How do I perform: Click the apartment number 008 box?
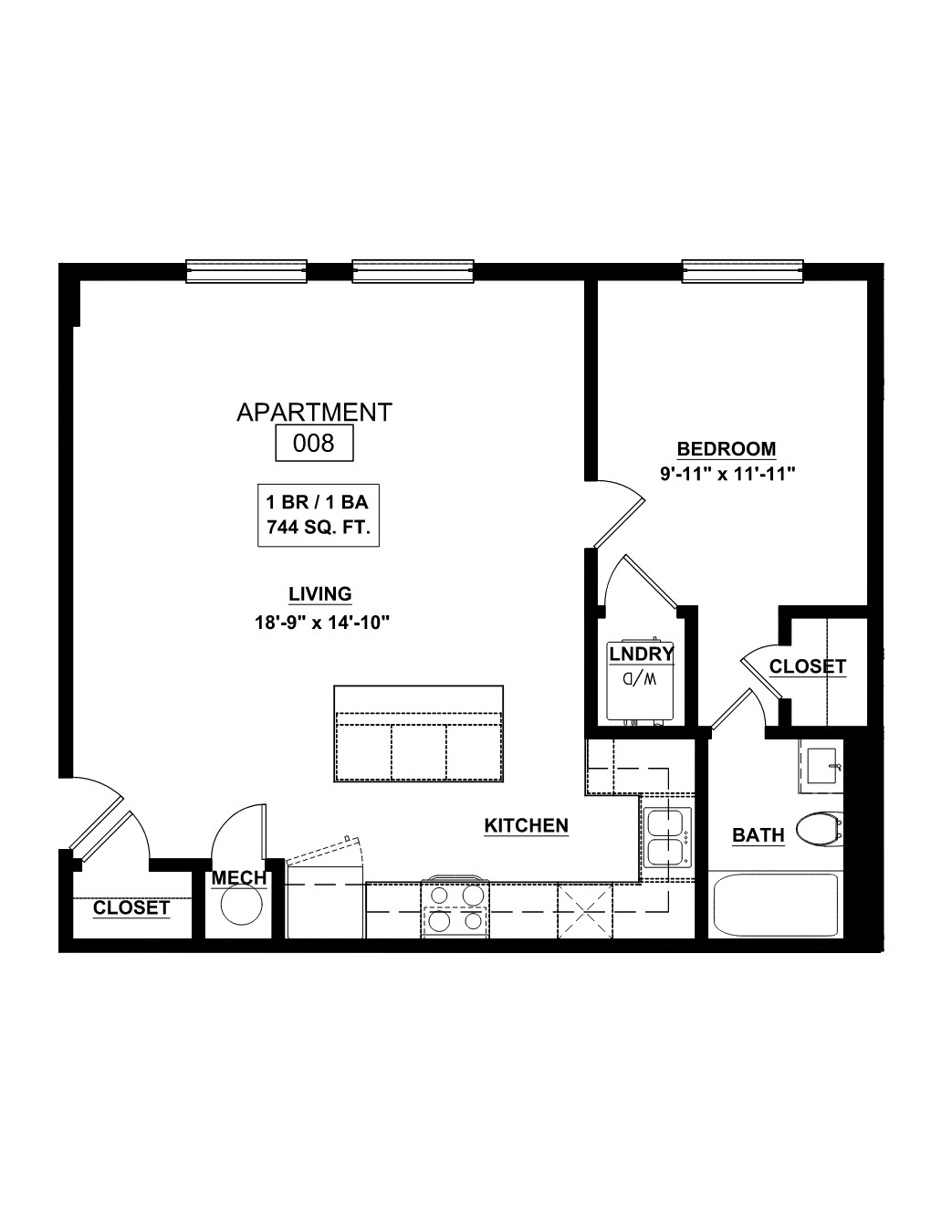(314, 443)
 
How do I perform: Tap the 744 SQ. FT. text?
(319, 527)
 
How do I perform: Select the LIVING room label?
(320, 594)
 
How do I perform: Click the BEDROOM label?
(727, 448)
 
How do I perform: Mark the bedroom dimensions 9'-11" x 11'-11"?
(727, 475)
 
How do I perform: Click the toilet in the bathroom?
(819, 830)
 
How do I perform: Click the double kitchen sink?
(667, 838)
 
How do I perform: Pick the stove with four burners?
(455, 907)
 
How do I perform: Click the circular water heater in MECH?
(241, 904)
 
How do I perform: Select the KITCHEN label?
(527, 826)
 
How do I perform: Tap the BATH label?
(758, 835)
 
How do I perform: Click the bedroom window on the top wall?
(742, 271)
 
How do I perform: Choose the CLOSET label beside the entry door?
(131, 907)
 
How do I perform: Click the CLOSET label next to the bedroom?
(808, 666)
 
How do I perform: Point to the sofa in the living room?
(419, 734)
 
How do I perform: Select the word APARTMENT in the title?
(314, 413)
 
